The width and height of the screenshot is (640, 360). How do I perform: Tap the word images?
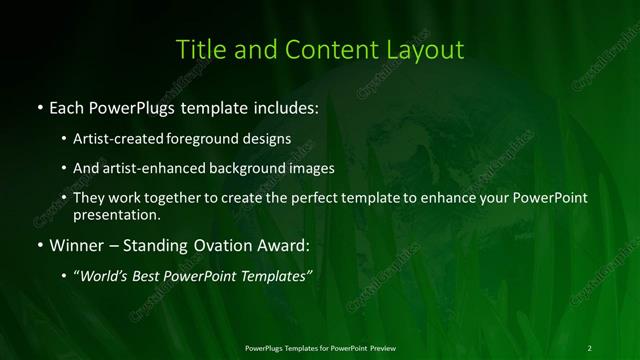tap(308, 168)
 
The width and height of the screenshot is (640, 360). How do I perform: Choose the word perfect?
tap(304, 198)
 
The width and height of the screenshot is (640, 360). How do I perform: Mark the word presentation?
tap(118, 214)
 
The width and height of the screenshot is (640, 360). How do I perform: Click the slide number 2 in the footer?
tap(590, 348)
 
